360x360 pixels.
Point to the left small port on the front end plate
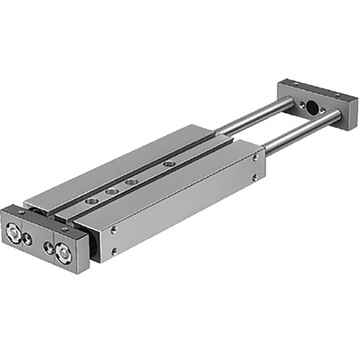click(x=28, y=239)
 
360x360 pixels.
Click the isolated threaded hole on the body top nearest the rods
click(x=168, y=163)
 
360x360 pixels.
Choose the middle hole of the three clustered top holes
click(x=112, y=191)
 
